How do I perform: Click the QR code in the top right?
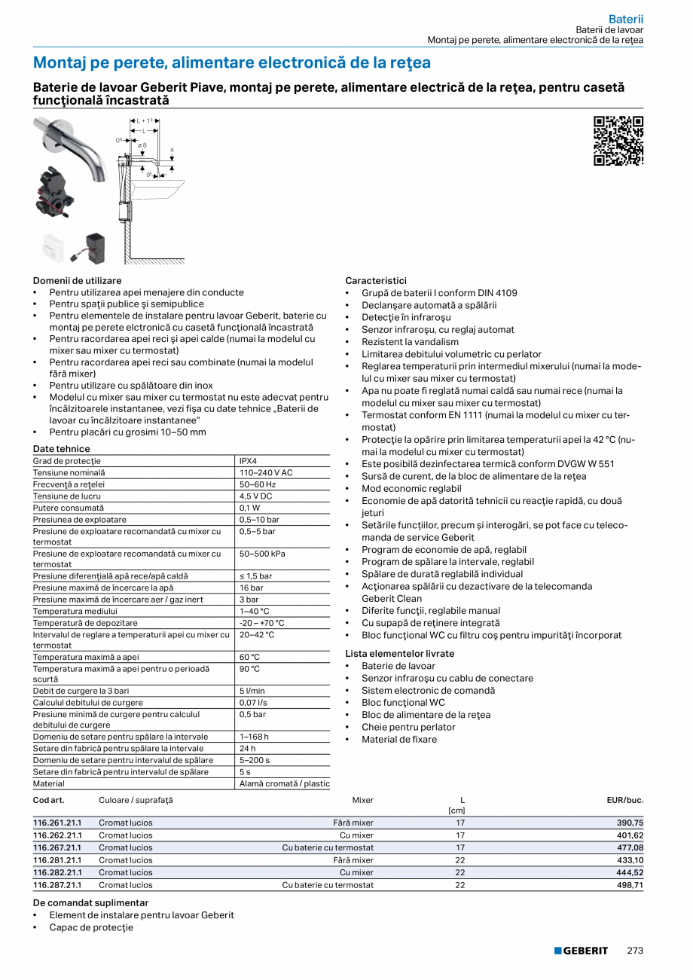[x=618, y=141]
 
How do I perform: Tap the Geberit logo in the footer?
[x=581, y=951]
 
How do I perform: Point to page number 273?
[x=635, y=951]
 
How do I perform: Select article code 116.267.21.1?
[x=57, y=848]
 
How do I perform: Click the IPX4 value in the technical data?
[x=249, y=461]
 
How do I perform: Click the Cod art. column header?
[x=49, y=800]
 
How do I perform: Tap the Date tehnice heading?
[x=61, y=449]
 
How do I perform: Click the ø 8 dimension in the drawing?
[x=142, y=145]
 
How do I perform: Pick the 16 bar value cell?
[x=252, y=588]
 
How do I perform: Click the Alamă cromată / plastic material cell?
[x=284, y=783]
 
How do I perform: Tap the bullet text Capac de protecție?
[x=91, y=927]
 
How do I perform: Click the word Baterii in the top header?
[x=626, y=19]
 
